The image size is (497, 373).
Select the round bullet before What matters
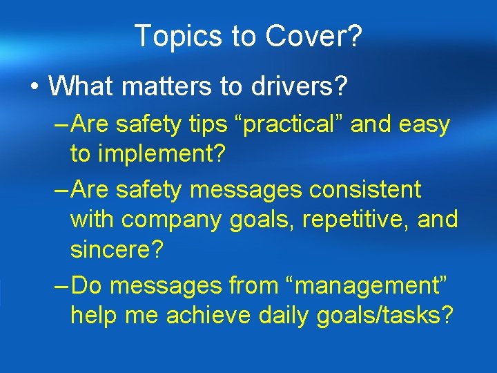(x=34, y=86)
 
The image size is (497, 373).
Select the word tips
(x=216, y=125)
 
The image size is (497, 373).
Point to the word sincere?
(x=117, y=250)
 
